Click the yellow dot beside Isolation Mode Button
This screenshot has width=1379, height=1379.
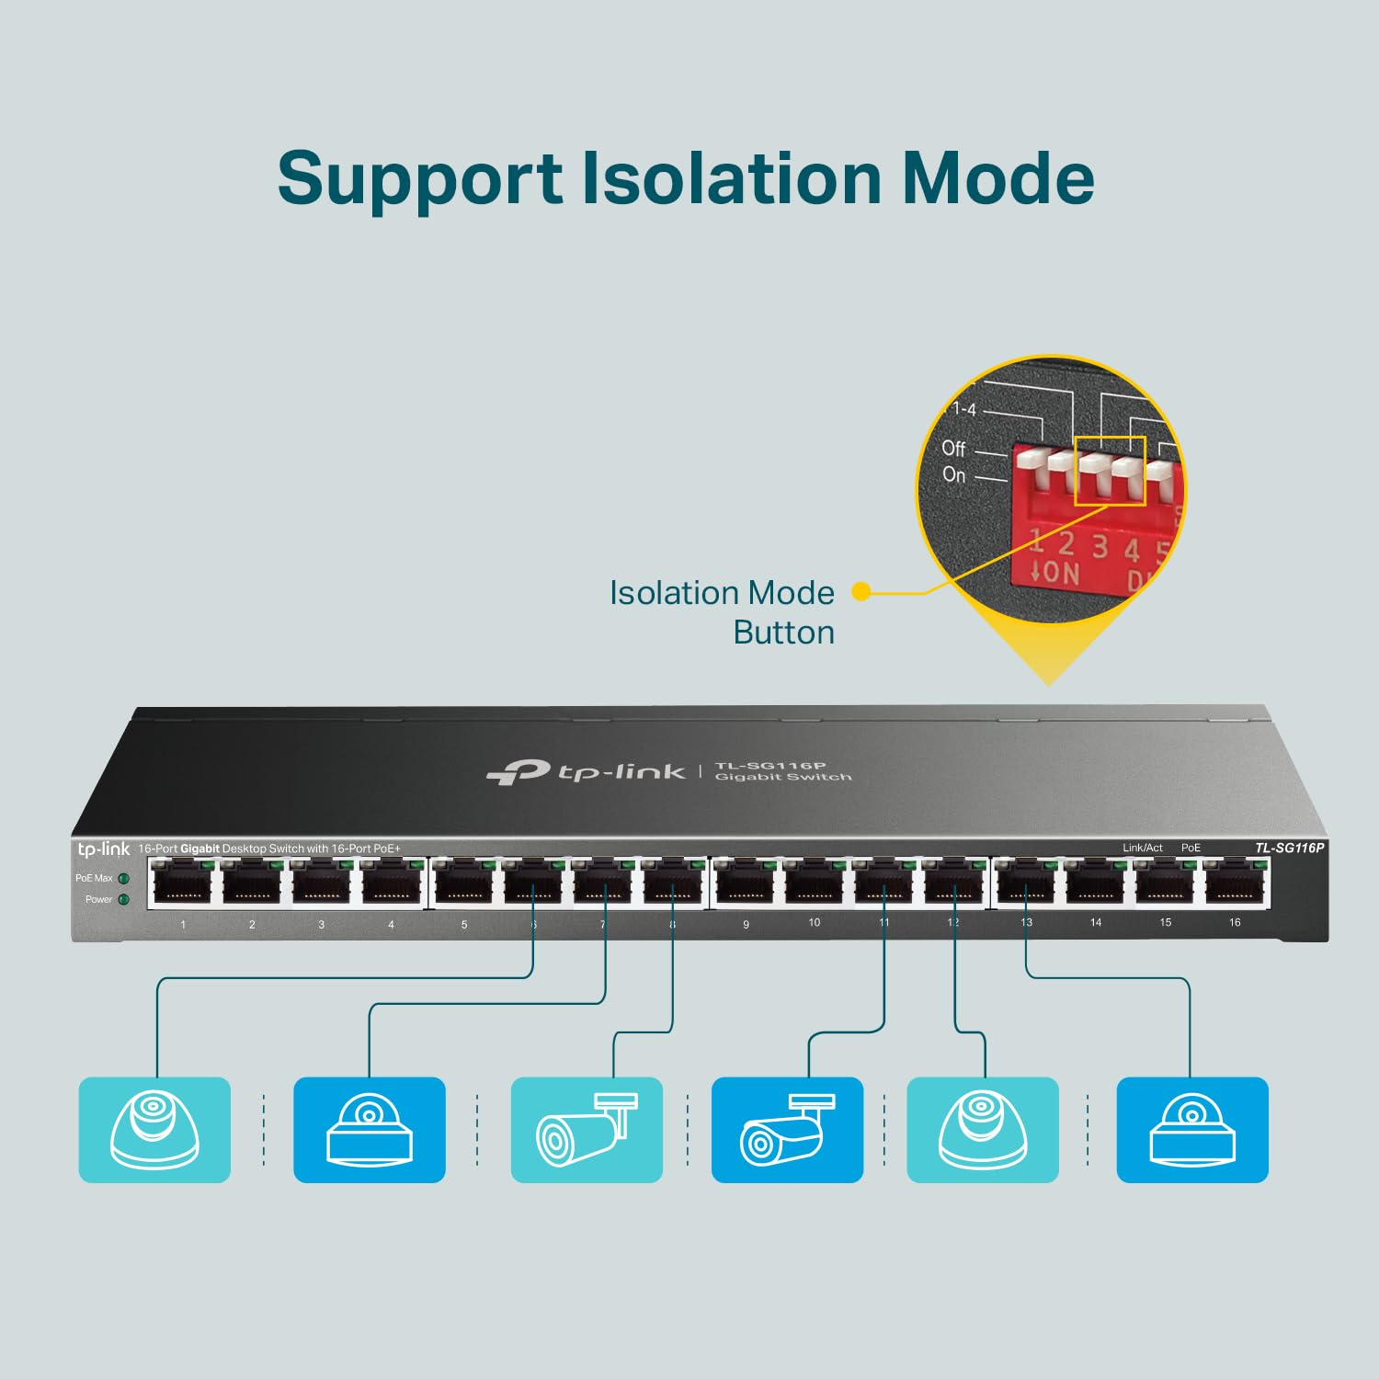(860, 592)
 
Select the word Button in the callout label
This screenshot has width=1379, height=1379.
(783, 633)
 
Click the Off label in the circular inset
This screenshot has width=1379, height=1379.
(953, 449)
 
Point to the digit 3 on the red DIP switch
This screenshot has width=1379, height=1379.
(1100, 547)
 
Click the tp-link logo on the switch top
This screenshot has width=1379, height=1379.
(586, 772)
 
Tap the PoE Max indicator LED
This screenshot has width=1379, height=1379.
(124, 879)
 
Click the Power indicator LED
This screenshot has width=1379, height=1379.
(124, 899)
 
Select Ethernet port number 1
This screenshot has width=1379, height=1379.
(182, 885)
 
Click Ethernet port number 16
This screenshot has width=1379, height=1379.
(1235, 883)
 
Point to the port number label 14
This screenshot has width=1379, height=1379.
(1096, 922)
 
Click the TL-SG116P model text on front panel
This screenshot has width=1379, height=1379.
(1289, 848)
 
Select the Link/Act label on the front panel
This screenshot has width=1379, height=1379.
(1142, 848)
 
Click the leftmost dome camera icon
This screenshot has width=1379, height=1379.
(154, 1130)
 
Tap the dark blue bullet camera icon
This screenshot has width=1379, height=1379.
(788, 1130)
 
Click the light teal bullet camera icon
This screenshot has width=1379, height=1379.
(587, 1130)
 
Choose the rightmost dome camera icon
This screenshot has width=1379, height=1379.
(1192, 1130)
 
